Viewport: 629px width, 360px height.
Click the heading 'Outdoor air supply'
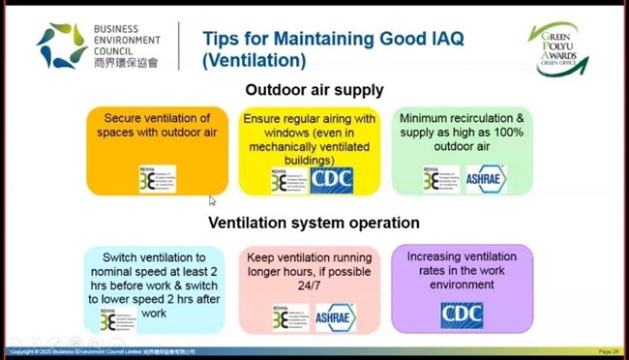pos(314,90)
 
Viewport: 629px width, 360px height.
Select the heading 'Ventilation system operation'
pos(314,223)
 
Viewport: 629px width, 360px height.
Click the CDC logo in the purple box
pos(461,315)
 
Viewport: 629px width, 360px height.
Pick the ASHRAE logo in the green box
pos(486,179)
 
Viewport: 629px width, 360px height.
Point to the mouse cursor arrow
pos(212,200)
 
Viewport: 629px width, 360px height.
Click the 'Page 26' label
pos(610,351)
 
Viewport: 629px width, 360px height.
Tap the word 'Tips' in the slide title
pos(222,38)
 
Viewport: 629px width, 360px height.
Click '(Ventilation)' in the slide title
pos(255,61)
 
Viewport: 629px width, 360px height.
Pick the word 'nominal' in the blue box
pos(102,272)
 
